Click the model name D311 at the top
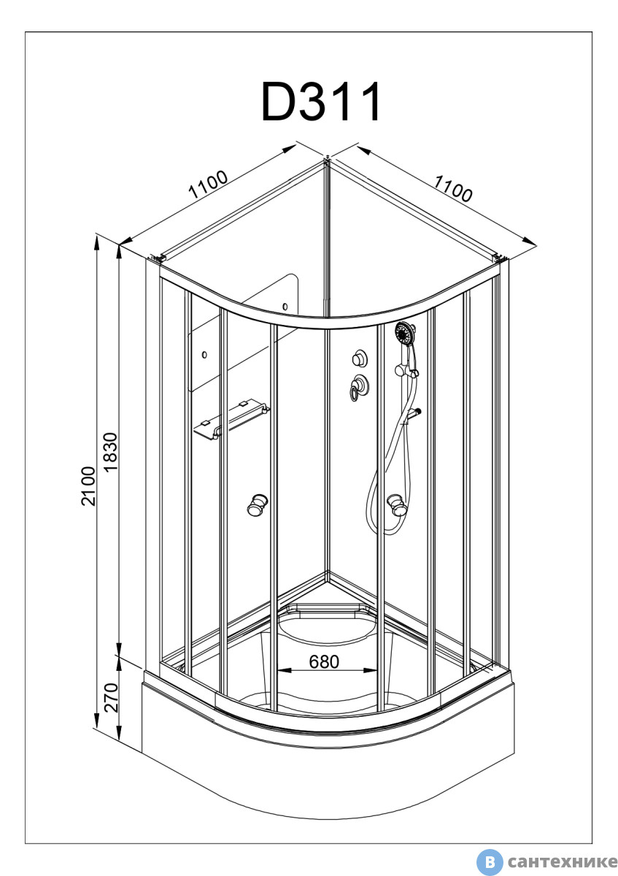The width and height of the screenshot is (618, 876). click(322, 103)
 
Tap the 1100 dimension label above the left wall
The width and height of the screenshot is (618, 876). click(209, 185)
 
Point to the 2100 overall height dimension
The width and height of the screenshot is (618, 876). click(88, 485)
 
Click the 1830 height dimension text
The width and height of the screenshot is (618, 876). click(110, 453)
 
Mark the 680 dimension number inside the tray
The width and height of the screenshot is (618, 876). click(324, 661)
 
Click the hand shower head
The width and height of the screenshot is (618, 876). click(403, 335)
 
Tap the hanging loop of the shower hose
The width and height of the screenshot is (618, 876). click(380, 511)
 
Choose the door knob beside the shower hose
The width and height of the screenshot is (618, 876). click(396, 504)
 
